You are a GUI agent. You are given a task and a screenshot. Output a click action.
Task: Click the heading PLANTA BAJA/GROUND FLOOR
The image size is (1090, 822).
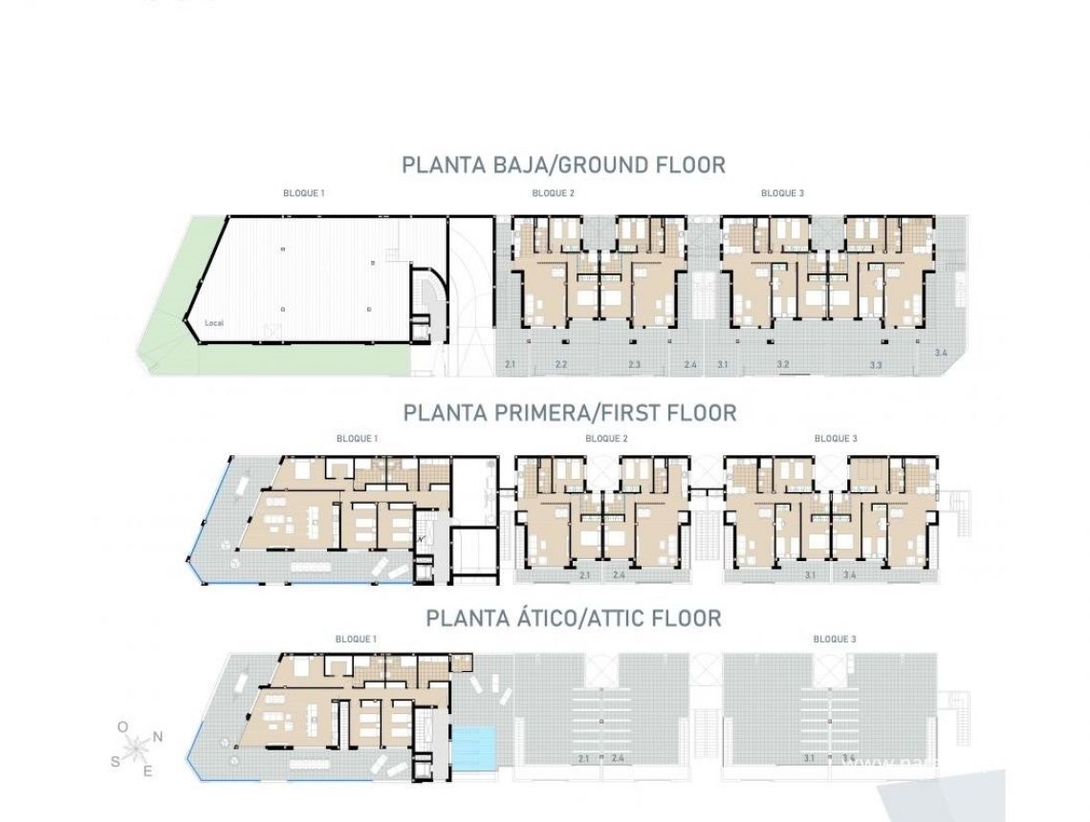pyautogui.click(x=563, y=164)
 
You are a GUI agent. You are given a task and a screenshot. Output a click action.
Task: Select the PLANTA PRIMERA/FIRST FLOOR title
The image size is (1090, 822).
pyautogui.click(x=570, y=413)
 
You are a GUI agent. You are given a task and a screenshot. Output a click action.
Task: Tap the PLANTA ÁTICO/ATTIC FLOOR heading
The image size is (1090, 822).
pyautogui.click(x=573, y=618)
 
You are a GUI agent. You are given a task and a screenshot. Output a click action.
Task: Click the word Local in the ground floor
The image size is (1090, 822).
pyautogui.click(x=214, y=323)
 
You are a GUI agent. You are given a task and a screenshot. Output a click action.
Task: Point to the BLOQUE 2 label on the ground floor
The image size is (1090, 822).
pyautogui.click(x=553, y=193)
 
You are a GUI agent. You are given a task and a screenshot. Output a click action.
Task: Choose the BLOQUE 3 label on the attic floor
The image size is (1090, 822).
pyautogui.click(x=834, y=638)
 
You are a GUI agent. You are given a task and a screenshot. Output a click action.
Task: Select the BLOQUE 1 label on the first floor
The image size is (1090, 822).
pyautogui.click(x=357, y=439)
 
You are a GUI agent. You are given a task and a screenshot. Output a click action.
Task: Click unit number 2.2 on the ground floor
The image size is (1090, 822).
pyautogui.click(x=561, y=365)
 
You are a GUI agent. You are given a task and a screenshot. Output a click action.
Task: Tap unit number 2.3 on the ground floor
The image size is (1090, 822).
pyautogui.click(x=635, y=365)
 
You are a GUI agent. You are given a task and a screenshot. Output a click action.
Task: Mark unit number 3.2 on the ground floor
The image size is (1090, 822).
pyautogui.click(x=782, y=365)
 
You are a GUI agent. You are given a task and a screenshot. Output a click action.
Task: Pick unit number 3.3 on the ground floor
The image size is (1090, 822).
pyautogui.click(x=876, y=365)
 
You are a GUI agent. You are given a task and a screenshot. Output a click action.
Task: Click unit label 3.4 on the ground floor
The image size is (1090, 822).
pyautogui.click(x=941, y=354)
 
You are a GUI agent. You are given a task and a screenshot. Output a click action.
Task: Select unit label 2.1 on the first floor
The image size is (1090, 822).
pyautogui.click(x=584, y=575)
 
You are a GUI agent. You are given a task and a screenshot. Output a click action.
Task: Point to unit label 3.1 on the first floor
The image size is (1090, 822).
pyautogui.click(x=810, y=575)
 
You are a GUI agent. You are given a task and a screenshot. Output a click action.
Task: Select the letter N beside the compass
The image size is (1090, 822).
pyautogui.click(x=158, y=736)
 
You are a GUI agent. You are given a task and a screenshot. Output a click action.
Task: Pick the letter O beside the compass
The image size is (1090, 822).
pyautogui.click(x=122, y=727)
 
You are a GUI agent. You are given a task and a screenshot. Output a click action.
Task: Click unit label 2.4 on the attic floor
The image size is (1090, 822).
pyautogui.click(x=618, y=759)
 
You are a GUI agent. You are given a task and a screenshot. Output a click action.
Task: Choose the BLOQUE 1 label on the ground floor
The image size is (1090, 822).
pyautogui.click(x=303, y=193)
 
